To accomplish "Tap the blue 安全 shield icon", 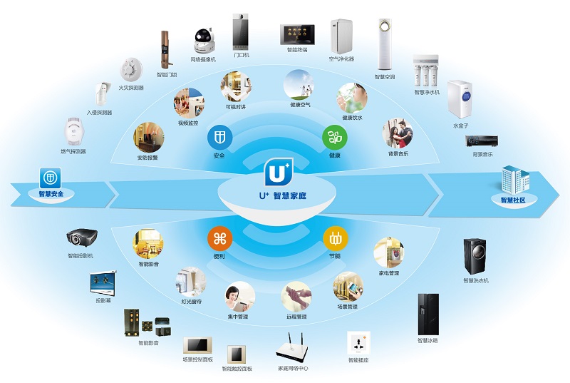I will pos(219,137).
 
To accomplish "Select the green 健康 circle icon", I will pos(334,136).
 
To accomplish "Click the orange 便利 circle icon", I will pos(219,238).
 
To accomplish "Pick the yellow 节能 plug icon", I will pos(334,238).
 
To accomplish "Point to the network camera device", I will pos(202,40).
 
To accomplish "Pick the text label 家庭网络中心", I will pos(293,369).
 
